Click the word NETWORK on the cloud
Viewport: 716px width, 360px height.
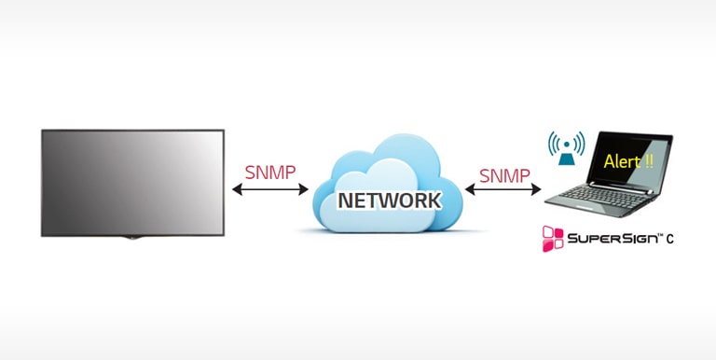point(388,201)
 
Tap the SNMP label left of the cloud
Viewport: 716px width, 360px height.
point(269,173)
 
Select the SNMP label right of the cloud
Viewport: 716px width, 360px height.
point(504,174)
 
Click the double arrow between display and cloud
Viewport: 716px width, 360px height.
point(270,190)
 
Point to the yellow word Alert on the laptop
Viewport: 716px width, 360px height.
point(622,160)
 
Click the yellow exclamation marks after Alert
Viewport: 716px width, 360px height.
point(648,160)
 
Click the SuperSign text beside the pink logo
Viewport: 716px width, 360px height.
point(611,240)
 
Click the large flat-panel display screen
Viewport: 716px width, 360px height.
point(132,182)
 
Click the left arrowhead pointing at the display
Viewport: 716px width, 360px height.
point(237,190)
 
